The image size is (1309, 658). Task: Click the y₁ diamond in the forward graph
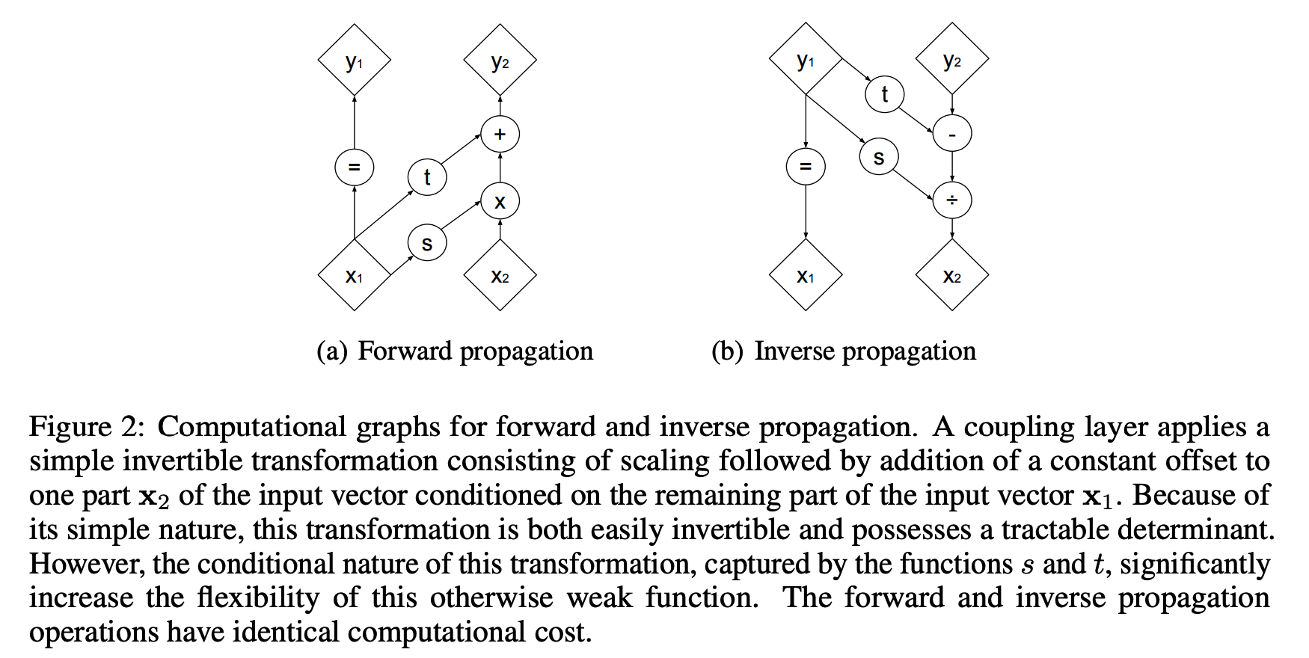pos(355,60)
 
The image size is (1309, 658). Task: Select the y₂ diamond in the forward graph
pos(500,60)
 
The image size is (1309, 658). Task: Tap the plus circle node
pos(500,135)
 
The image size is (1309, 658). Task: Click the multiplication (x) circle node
pos(500,200)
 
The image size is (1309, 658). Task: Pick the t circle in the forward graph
pos(427,176)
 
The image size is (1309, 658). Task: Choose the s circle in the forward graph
pos(427,242)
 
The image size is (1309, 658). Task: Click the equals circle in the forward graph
pos(355,167)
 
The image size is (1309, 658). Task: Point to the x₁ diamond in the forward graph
pos(355,275)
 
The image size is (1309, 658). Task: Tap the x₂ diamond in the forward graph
pos(500,275)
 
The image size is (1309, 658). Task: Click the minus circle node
pos(952,135)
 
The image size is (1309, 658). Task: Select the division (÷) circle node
pos(952,200)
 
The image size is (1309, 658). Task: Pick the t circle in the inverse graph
pos(885,94)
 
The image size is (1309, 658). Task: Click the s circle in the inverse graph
pos(879,157)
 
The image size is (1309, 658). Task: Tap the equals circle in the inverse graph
pos(806,167)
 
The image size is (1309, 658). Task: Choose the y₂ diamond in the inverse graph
pos(952,60)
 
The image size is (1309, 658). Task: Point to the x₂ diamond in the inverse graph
pos(952,275)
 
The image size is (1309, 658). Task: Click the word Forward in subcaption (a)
pos(404,351)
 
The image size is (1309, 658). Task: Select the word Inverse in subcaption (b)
pos(794,351)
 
